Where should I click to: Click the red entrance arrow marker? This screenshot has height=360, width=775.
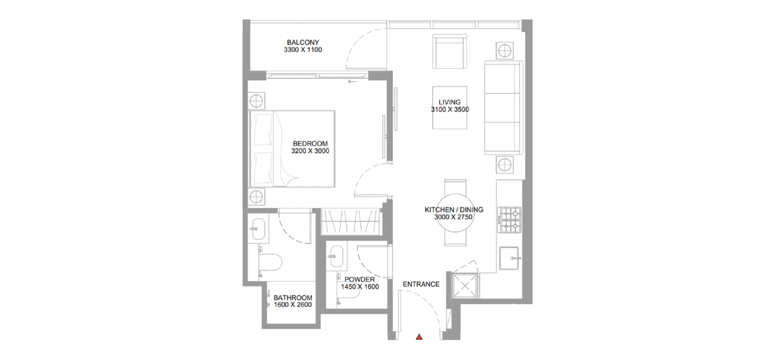click(419, 337)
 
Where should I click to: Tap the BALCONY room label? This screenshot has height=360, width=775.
click(303, 42)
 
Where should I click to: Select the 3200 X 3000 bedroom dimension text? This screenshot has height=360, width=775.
click(310, 151)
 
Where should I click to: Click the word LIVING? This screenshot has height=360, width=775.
click(450, 103)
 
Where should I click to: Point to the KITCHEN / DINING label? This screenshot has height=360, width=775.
click(454, 210)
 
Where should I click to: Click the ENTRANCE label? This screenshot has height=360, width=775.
click(421, 284)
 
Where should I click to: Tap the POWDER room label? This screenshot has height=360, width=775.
click(360, 279)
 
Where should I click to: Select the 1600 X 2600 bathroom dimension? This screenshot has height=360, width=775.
click(293, 305)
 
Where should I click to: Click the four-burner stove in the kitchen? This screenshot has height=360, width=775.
click(509, 220)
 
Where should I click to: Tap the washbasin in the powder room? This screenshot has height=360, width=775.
click(337, 256)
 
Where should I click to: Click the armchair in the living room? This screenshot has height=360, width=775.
click(450, 52)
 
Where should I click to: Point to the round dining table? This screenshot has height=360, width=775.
click(455, 213)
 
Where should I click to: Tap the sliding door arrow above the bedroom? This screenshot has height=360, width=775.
click(352, 82)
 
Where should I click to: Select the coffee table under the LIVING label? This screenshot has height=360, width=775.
click(450, 108)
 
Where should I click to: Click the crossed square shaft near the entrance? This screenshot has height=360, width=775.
click(465, 286)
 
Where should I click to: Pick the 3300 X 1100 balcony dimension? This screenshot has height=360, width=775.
click(303, 50)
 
